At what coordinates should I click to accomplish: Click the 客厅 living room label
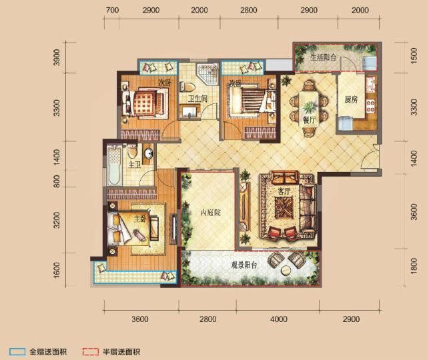pos(284,191)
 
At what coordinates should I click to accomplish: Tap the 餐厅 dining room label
pos(309,120)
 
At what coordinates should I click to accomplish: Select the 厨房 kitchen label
pos(351,99)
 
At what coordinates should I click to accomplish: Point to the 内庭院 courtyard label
pos(211,212)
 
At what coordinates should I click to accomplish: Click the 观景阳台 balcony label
pos(244,265)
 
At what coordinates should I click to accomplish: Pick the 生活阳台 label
pos(323,57)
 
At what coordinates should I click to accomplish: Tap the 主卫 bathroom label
pos(135,165)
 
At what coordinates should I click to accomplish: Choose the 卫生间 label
pos(197,99)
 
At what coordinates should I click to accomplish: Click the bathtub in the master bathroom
pos(114,165)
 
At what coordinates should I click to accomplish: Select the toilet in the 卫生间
pos(187,87)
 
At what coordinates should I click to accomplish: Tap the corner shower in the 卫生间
pos(207,73)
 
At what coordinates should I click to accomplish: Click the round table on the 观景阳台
pos(286,270)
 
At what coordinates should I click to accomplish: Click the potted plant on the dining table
pos(309,107)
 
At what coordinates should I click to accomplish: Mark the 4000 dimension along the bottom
pos(279,319)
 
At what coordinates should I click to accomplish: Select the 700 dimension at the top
pos(112,10)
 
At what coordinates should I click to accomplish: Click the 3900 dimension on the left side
pos(57,57)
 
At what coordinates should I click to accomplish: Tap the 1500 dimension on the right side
pos(414,55)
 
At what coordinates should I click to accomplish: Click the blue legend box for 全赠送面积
pos(17,351)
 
